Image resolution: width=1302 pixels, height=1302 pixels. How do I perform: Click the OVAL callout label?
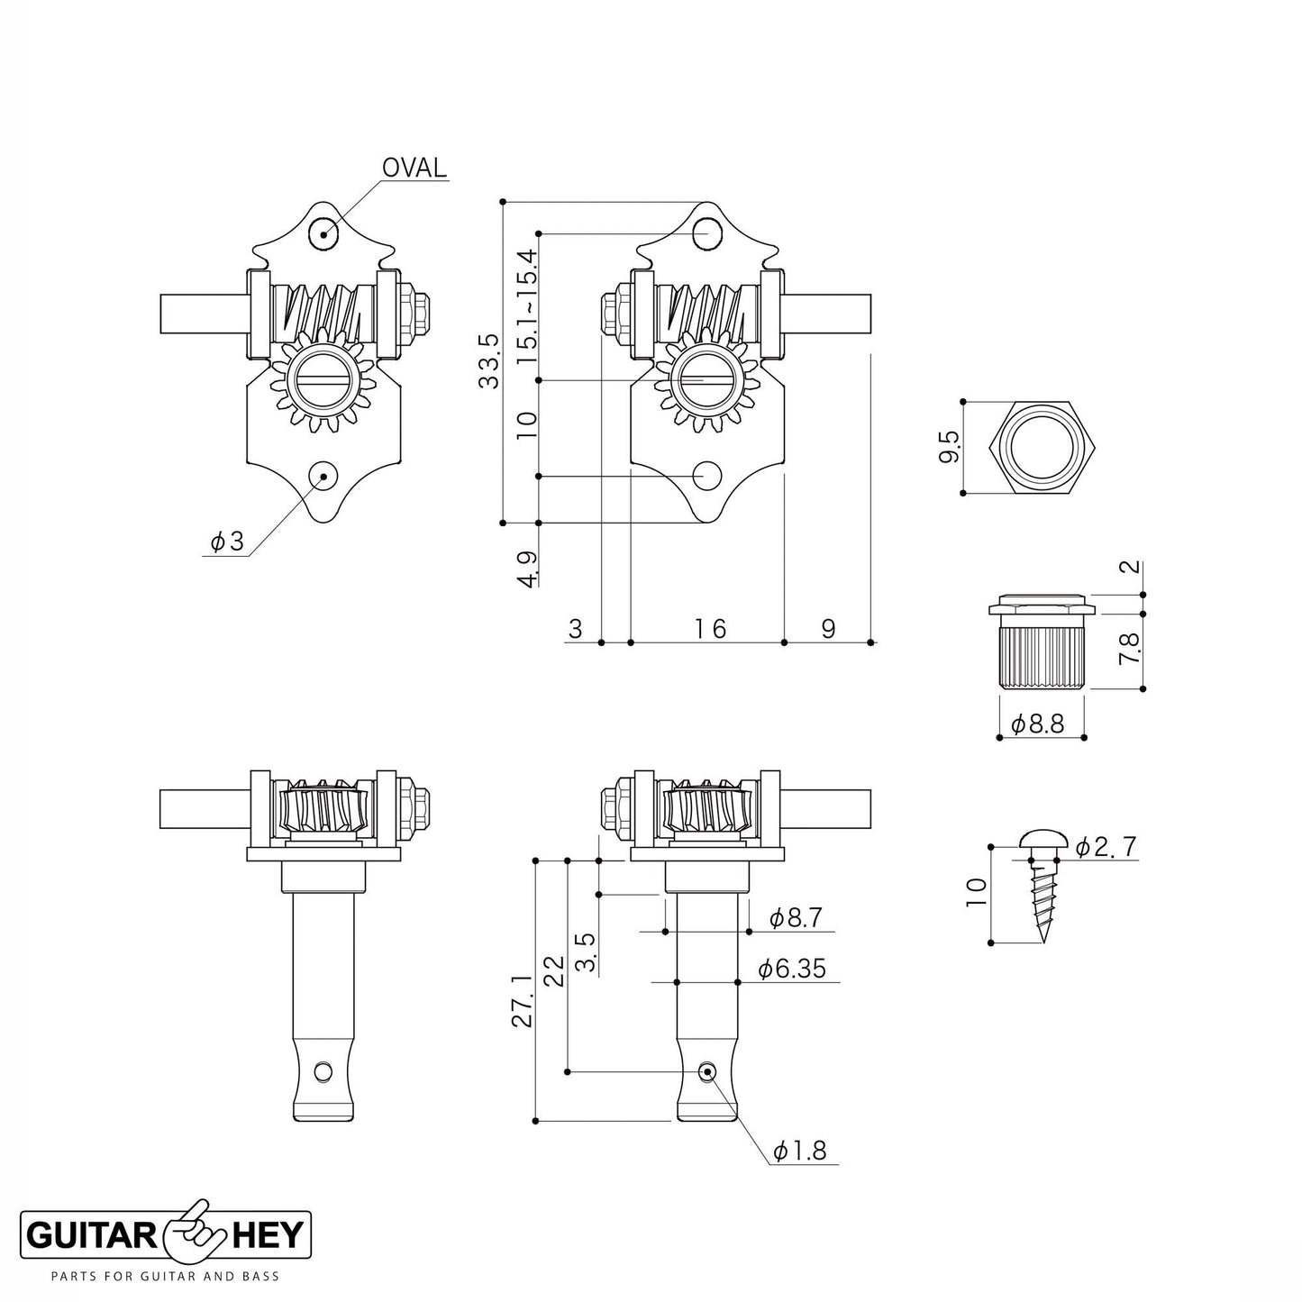[414, 168]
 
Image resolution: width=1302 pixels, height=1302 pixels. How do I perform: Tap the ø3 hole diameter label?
[227, 542]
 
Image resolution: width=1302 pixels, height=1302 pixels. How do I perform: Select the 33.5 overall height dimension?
[488, 360]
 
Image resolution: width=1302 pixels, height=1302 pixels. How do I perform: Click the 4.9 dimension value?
[527, 569]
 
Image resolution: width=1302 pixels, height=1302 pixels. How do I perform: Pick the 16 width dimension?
[710, 628]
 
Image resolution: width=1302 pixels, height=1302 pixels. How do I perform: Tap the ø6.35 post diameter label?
[790, 969]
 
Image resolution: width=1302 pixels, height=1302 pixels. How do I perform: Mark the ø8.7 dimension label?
[796, 918]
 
